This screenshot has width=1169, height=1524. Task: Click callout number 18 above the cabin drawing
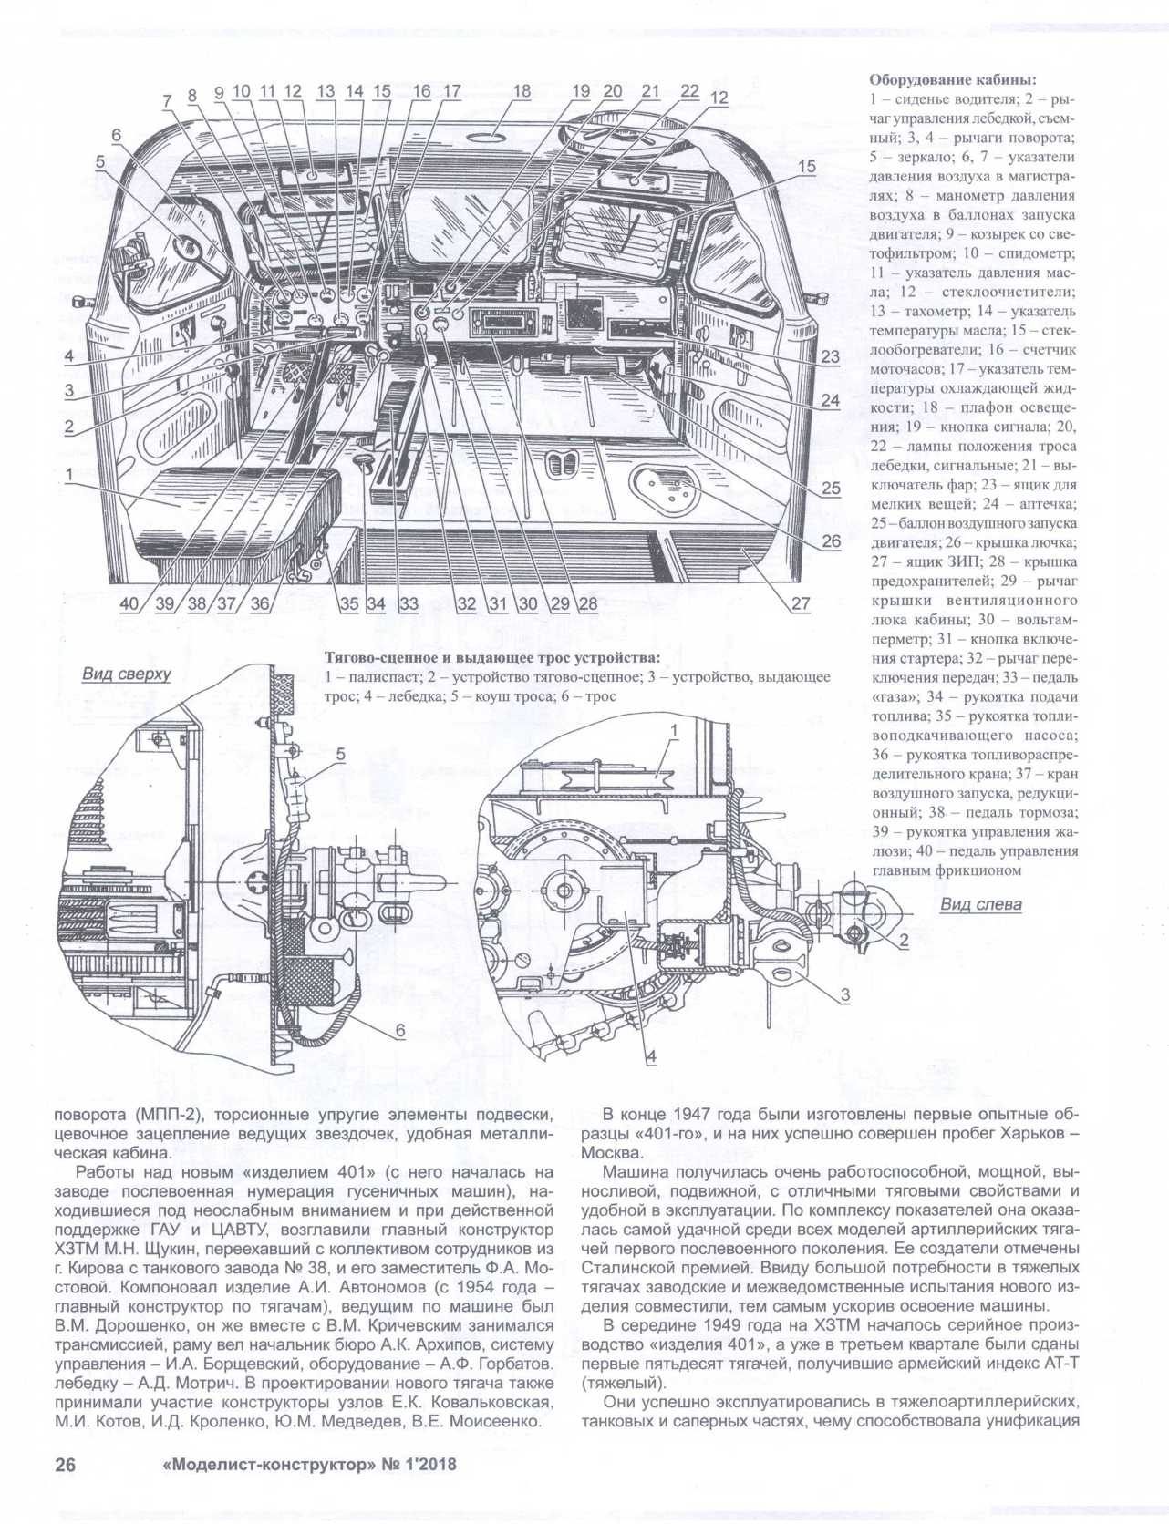pyautogui.click(x=521, y=91)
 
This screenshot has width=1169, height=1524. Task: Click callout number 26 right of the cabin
pyautogui.click(x=831, y=541)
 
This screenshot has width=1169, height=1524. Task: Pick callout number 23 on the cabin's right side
pyautogui.click(x=829, y=357)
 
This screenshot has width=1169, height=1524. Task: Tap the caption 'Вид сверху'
pyautogui.click(x=126, y=674)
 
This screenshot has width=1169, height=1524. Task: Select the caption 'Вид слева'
pyautogui.click(x=981, y=905)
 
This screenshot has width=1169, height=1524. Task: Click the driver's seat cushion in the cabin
pyautogui.click(x=242, y=499)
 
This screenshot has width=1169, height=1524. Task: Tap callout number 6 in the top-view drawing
pyautogui.click(x=398, y=1030)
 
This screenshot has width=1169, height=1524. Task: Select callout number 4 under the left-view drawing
pyautogui.click(x=651, y=1057)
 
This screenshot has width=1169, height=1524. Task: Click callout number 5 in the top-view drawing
pyautogui.click(x=339, y=754)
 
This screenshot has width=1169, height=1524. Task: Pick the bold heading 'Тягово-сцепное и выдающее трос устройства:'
pyautogui.click(x=492, y=658)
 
